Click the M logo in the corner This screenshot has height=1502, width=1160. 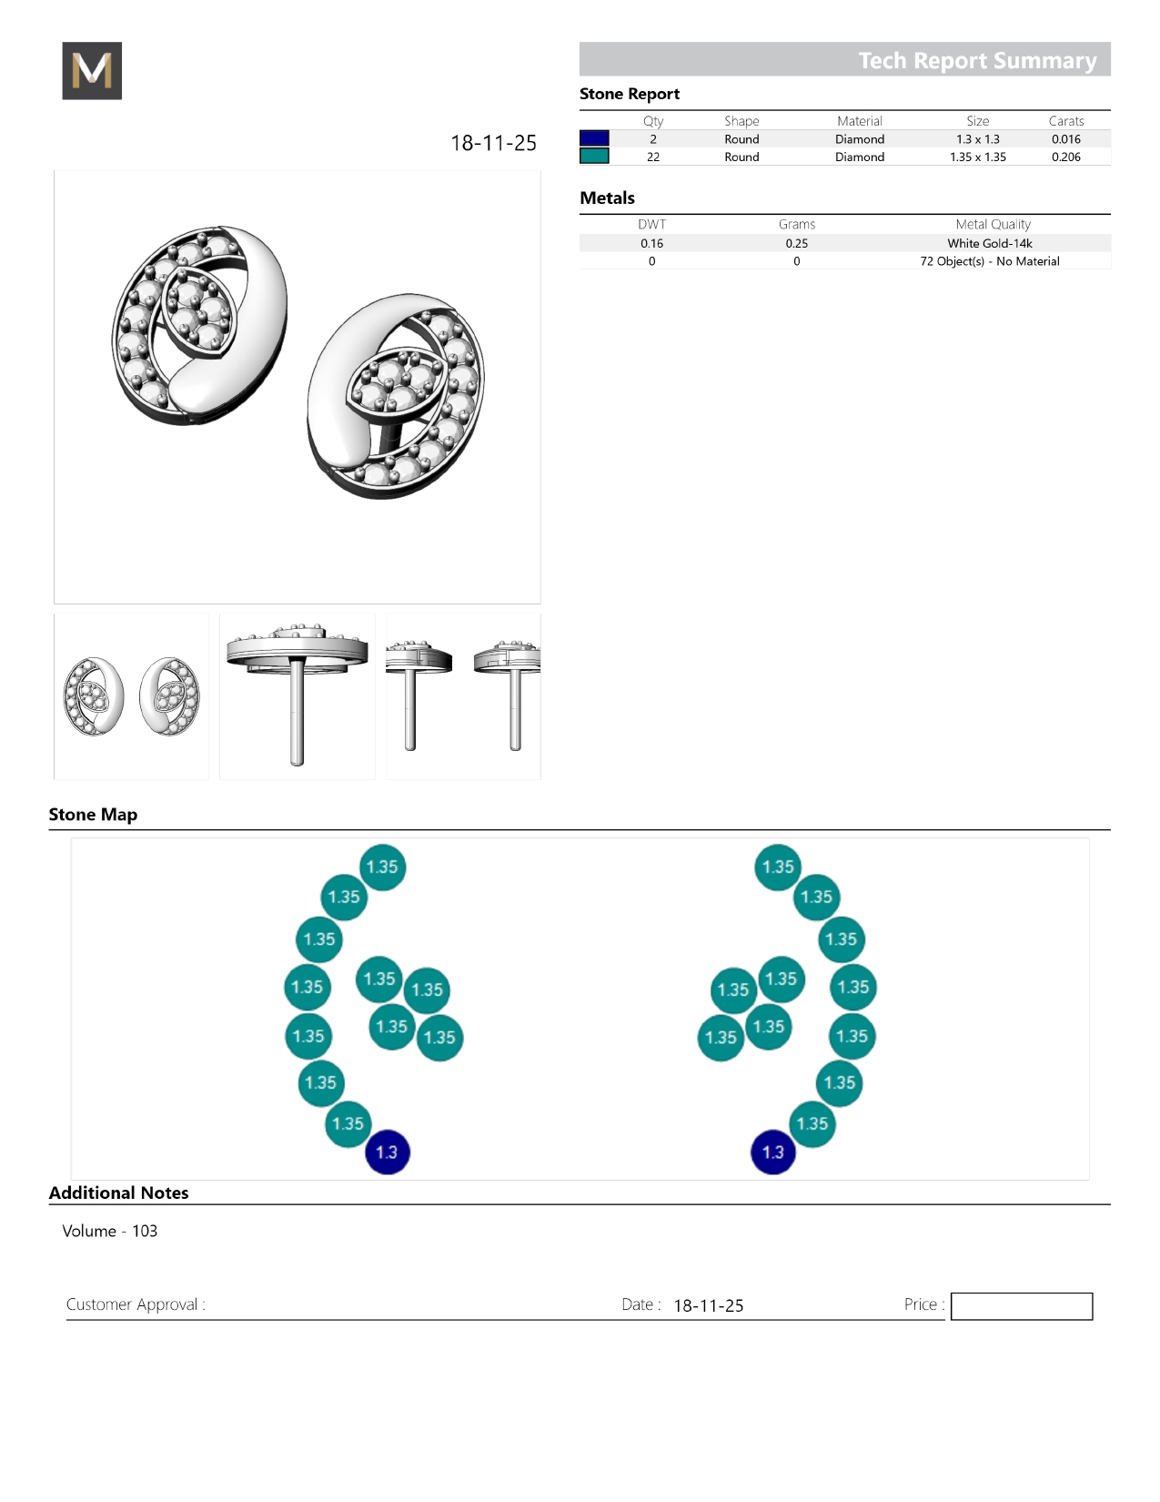[92, 70]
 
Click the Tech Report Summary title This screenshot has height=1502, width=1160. [977, 61]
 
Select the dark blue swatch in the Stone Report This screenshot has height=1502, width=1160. [594, 138]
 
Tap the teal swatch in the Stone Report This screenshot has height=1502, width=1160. [594, 157]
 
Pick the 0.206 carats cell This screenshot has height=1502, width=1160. [1065, 157]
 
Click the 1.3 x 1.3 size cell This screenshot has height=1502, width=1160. [977, 139]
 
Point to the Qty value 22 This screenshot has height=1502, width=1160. [653, 157]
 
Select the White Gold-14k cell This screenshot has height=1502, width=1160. [989, 243]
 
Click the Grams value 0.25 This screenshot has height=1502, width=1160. [797, 243]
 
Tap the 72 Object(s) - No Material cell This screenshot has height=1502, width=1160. [989, 261]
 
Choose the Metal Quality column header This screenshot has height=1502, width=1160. [993, 224]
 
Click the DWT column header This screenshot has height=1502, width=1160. [651, 224]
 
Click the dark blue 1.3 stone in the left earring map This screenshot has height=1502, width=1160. [387, 1152]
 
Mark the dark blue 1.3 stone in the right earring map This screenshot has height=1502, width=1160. [773, 1152]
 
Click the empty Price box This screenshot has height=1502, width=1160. [1021, 1305]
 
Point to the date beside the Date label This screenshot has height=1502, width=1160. [708, 1305]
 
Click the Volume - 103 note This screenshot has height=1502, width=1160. [110, 1231]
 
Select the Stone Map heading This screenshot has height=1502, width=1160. [94, 814]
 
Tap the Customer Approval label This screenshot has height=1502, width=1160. [136, 1304]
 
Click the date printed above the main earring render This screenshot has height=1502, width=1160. [493, 143]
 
